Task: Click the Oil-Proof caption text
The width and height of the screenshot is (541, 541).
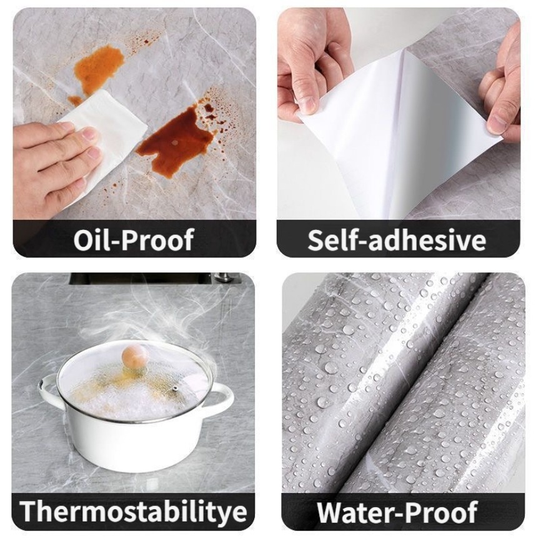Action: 134,240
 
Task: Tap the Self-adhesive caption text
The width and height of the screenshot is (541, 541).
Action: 397,240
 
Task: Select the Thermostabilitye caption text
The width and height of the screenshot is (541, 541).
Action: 134,511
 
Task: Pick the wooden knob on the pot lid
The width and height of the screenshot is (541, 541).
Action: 135,357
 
